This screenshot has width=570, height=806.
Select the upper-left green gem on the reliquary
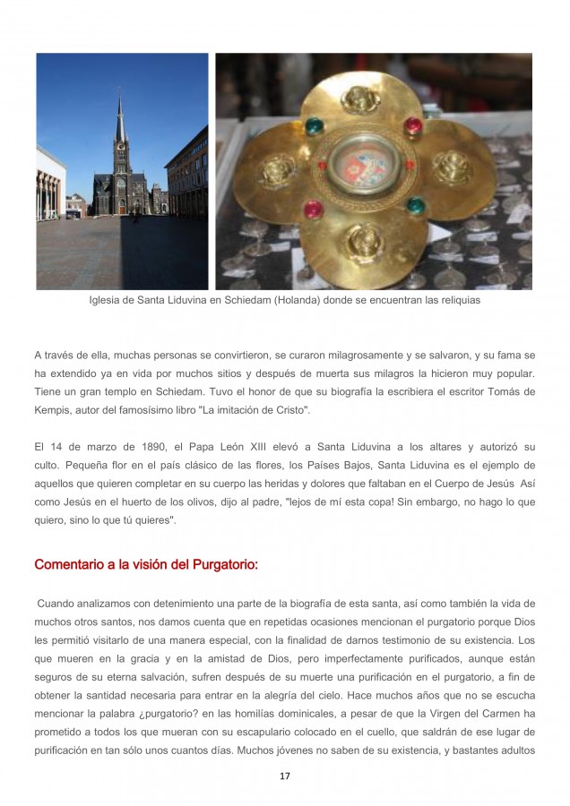coord(315,127)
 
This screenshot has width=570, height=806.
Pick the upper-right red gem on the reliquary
coord(413,125)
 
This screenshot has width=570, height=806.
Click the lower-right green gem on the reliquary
coord(414,206)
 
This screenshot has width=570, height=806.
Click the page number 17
coord(284,776)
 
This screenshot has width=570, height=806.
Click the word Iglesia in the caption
coord(108,301)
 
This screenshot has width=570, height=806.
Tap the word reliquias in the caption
coord(457,301)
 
